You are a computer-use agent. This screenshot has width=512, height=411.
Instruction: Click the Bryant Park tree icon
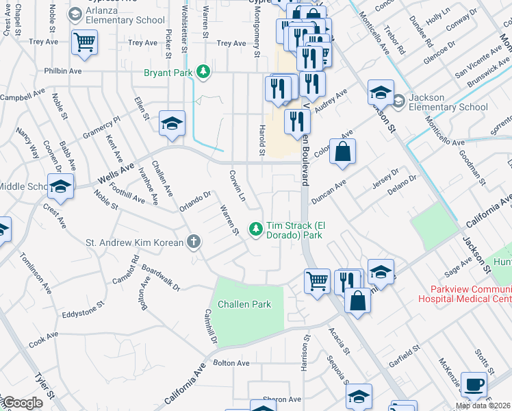click(x=203, y=71)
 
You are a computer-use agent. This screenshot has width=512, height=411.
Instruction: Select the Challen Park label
click(x=244, y=304)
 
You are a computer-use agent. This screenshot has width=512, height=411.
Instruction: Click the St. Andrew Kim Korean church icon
click(x=194, y=242)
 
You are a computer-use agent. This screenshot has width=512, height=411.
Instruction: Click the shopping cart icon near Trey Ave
click(x=84, y=42)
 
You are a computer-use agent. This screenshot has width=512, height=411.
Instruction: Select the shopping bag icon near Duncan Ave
click(x=342, y=153)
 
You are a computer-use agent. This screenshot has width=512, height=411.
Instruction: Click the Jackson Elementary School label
click(x=448, y=101)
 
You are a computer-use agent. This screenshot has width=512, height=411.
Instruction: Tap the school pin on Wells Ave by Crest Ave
click(x=61, y=186)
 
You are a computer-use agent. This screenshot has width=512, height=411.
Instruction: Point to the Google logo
click(x=22, y=403)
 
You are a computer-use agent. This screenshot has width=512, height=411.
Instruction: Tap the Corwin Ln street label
click(x=238, y=185)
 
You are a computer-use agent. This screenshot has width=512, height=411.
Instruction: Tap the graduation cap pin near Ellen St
click(x=172, y=123)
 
